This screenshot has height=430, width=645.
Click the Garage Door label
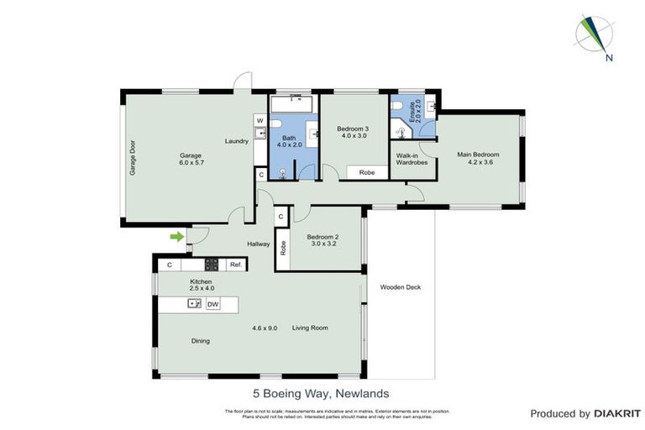(132, 157)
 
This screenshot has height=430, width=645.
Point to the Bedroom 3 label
(353, 132)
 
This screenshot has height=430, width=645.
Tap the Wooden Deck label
(401, 287)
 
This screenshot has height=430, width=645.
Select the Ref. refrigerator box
(236, 265)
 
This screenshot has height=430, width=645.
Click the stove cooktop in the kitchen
(212, 265)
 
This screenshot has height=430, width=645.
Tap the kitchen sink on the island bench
(194, 304)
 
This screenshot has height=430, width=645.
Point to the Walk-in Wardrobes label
(412, 160)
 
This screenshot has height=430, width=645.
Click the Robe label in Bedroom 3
(367, 172)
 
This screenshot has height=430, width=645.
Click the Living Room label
(310, 328)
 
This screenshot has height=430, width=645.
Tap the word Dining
(200, 341)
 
